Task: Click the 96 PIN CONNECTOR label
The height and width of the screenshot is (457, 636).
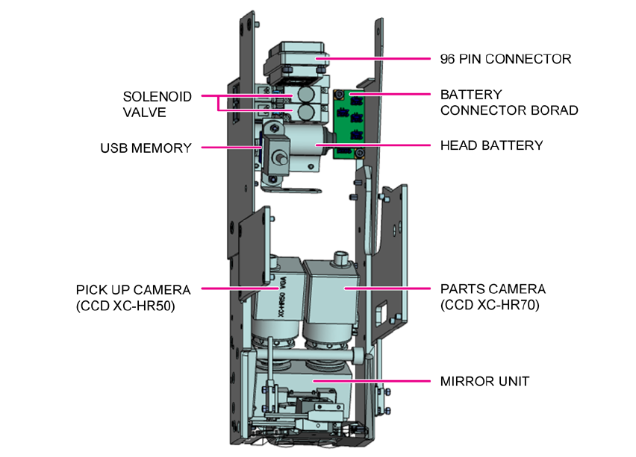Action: (x=505, y=58)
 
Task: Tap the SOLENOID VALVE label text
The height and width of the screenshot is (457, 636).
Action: (x=157, y=104)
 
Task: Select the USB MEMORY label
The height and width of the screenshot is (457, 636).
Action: (x=146, y=148)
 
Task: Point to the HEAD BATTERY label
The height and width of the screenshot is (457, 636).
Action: (x=491, y=145)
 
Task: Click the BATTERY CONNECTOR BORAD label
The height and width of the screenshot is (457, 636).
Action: (x=508, y=103)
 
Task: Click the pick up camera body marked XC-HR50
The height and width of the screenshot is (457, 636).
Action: (x=278, y=298)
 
